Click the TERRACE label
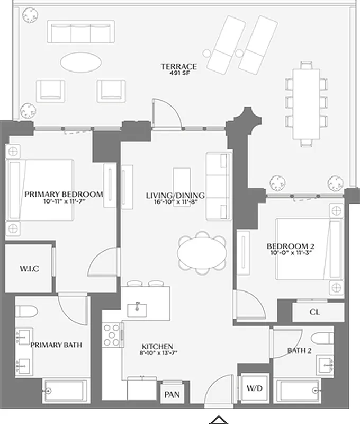pos(179,66)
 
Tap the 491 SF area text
pos(179,74)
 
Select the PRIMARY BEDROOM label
pos(64,194)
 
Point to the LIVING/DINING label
pos(175,196)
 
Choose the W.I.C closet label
pos(29,269)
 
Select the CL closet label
pos(314,312)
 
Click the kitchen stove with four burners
pos(112,334)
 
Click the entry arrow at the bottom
pos(218,420)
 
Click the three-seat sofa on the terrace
pos(81,32)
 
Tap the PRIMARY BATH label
pos(56,345)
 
